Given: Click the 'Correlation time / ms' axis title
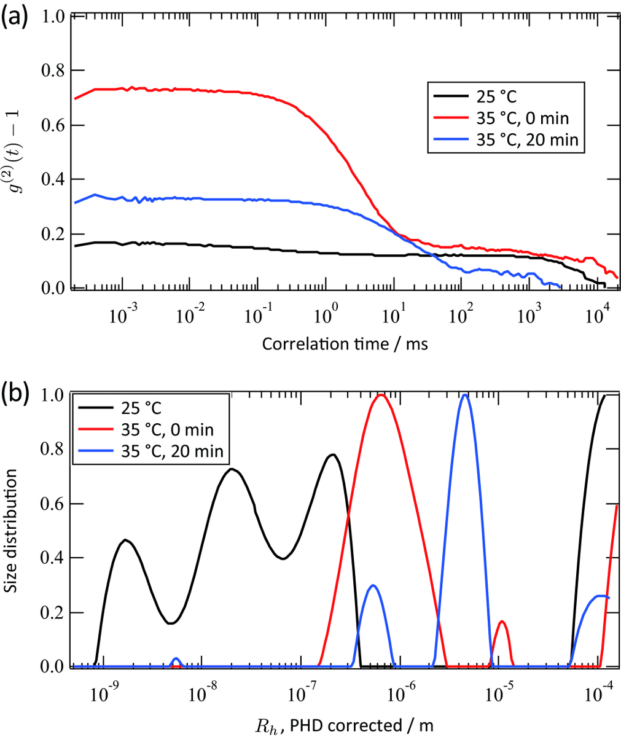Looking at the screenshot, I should tap(345, 344).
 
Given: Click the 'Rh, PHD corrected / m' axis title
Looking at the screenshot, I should tap(344, 725).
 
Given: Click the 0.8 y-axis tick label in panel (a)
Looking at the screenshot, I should tap(52, 71).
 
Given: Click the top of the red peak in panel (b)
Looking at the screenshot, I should tap(381, 395).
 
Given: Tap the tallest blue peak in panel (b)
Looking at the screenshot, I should tap(465, 395).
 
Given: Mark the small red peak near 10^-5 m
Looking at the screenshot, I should tap(502, 622).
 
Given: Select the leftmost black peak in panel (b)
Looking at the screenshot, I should tap(125, 540).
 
